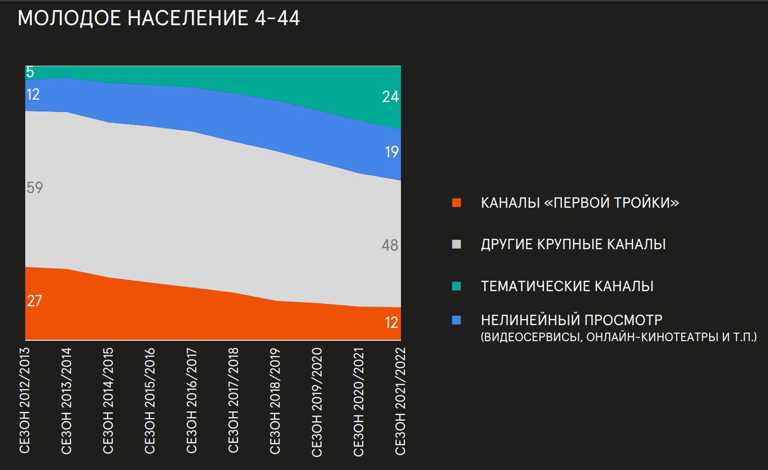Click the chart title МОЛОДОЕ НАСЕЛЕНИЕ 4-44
pyautogui.click(x=158, y=19)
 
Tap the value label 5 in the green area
pyautogui.click(x=30, y=72)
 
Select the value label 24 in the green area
pyautogui.click(x=390, y=97)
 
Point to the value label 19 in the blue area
pyautogui.click(x=392, y=152)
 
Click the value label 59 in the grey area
pyautogui.click(x=35, y=188)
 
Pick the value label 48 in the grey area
pyautogui.click(x=390, y=245)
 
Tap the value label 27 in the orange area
pyautogui.click(x=35, y=301)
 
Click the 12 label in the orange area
pyautogui.click(x=392, y=323)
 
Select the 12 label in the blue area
pyautogui.click(x=33, y=94)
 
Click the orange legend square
pyautogui.click(x=456, y=203)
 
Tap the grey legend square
pyautogui.click(x=456, y=245)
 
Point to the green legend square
pyautogui.click(x=456, y=286)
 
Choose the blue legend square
pyautogui.click(x=456, y=320)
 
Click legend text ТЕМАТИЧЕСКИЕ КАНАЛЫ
pyautogui.click(x=567, y=286)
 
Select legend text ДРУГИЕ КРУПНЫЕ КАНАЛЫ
pyautogui.click(x=573, y=245)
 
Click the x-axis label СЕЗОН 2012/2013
pyautogui.click(x=25, y=400)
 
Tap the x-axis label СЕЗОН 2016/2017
pyautogui.click(x=192, y=400)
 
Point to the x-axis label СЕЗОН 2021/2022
pyautogui.click(x=400, y=401)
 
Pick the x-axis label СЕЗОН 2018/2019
pyautogui.click(x=275, y=400)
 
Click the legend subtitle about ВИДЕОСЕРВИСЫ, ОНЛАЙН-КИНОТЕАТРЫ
pyautogui.click(x=619, y=337)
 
